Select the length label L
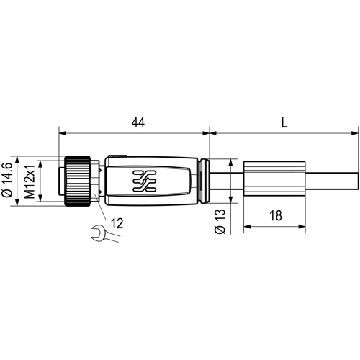coord(284,122)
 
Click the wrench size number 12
coord(118,223)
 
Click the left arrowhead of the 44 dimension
coord(62,133)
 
